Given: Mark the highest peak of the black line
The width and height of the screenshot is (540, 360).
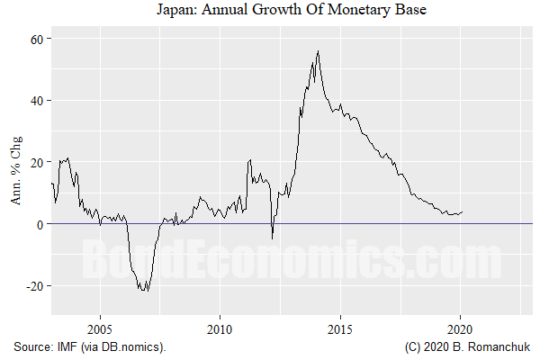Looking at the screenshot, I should click(318, 51).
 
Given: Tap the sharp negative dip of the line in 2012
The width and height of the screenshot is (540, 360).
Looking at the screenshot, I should click(273, 238).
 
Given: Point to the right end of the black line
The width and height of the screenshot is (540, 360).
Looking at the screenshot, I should click(463, 212).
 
